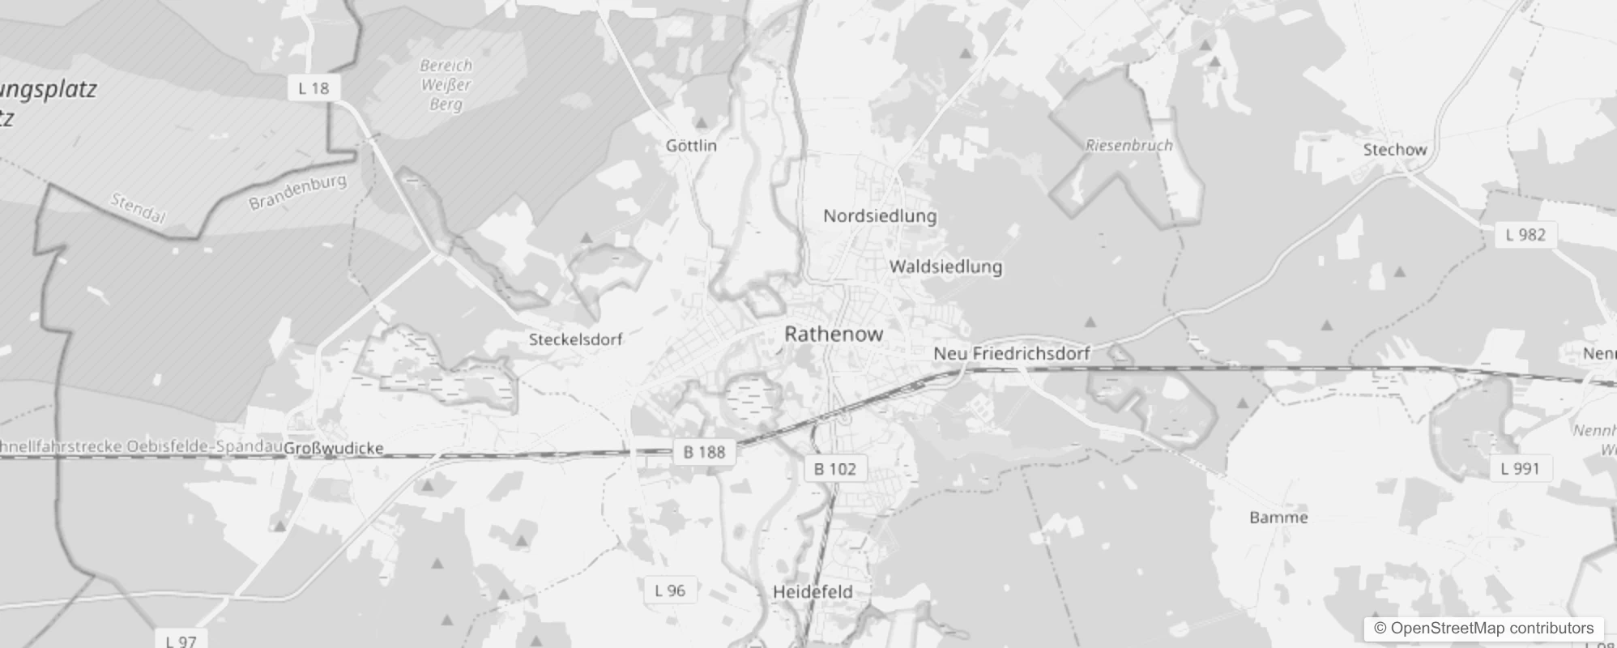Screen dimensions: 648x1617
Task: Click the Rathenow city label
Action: point(834,334)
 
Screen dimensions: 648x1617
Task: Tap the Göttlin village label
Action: point(691,146)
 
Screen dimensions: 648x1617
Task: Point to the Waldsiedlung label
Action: point(945,266)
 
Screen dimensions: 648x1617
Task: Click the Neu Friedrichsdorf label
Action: point(1012,353)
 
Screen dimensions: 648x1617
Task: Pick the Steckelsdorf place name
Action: point(575,339)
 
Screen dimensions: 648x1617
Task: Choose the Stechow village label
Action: point(1394,150)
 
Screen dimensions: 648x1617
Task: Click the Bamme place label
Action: point(1278,518)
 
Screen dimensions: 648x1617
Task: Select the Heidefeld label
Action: point(813,592)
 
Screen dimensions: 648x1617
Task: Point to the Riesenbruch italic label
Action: point(1128,146)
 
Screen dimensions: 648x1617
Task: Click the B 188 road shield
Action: point(704,452)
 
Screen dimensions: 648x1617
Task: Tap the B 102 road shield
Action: point(835,469)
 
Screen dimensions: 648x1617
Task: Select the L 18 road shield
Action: point(314,88)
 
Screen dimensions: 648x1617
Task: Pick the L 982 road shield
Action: point(1525,235)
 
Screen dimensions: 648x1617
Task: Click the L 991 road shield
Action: point(1520,468)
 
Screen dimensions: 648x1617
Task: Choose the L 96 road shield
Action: point(670,590)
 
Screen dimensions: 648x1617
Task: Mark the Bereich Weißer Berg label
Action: point(446,85)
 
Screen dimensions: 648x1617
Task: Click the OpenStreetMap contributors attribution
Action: point(1484,629)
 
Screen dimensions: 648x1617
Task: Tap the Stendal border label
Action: point(138,209)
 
